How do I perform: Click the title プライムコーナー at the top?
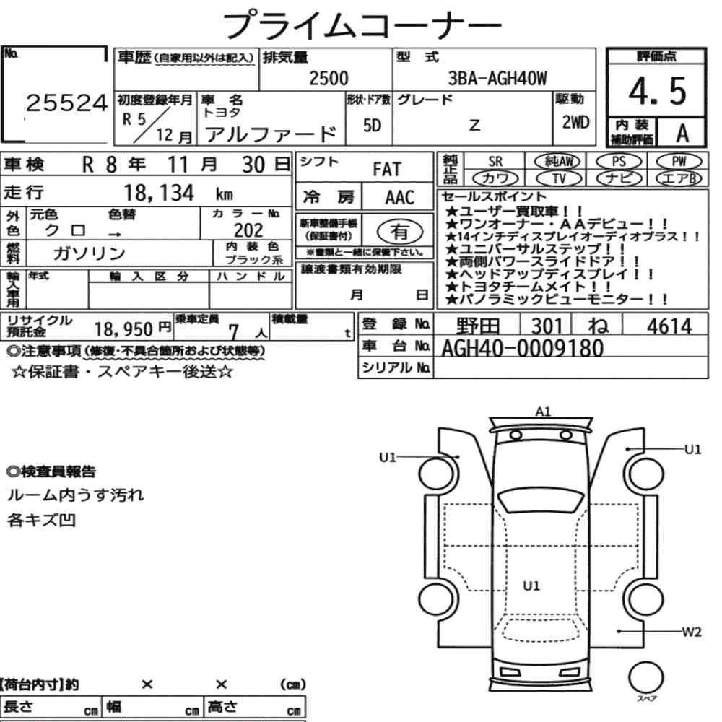pos(362,25)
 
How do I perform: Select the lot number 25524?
pos(66,103)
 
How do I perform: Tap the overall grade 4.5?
pos(657,91)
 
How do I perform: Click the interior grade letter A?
pos(682,133)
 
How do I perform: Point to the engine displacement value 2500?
pos(329,78)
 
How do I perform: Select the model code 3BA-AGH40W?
pos(497,78)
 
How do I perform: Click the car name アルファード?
pos(271,134)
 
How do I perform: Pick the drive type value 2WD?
pos(575,122)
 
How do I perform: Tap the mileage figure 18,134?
pos(159,193)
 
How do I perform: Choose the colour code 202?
pos(248,230)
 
